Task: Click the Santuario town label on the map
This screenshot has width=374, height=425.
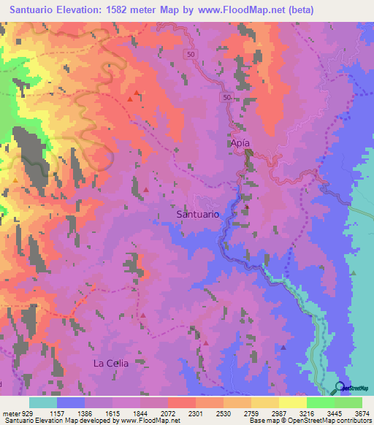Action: (197, 214)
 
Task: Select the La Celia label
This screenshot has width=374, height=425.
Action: (110, 363)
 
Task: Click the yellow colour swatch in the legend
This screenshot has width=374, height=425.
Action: (292, 402)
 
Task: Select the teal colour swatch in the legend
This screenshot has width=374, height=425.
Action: (43, 402)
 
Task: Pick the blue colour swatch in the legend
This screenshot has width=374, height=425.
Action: (71, 402)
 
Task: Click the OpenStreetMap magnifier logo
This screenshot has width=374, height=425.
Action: (340, 388)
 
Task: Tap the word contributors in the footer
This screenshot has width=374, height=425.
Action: (353, 421)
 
